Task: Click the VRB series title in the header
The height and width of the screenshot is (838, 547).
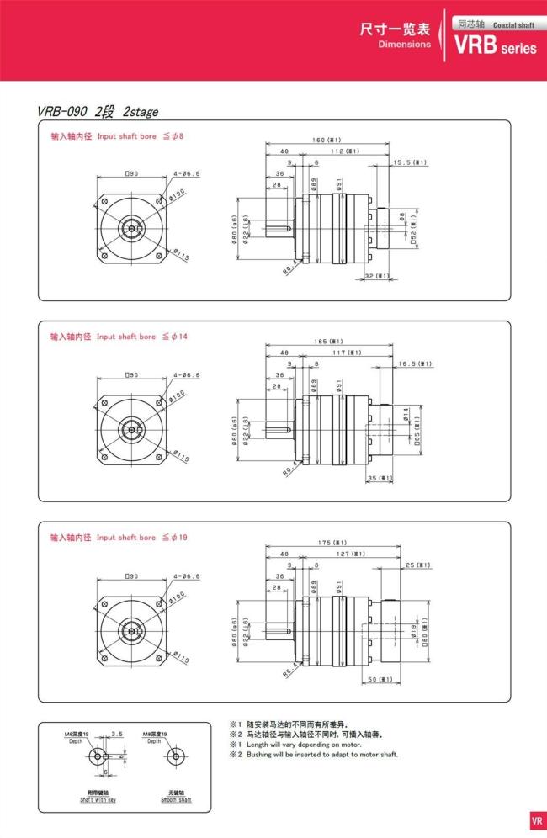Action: coord(495,47)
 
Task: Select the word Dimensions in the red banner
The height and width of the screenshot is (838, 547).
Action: coord(404,45)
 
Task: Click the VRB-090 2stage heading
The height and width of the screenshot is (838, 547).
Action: coord(98,111)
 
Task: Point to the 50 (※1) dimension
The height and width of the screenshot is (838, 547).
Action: coord(380,679)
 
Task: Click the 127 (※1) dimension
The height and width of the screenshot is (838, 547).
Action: coord(358,554)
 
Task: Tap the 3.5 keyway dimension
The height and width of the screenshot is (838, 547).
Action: coord(117,734)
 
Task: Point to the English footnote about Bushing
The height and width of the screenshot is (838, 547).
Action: coord(313,755)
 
